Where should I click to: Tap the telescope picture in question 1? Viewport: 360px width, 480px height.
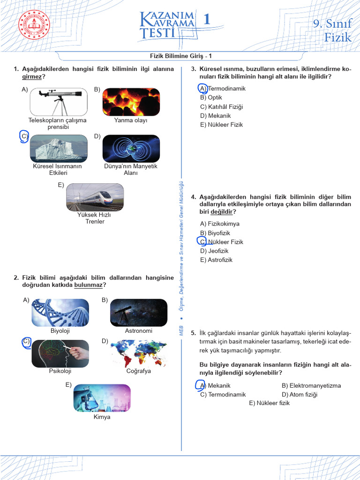59,102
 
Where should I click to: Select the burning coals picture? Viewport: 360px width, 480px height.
131,102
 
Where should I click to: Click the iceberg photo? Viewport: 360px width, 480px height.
59,149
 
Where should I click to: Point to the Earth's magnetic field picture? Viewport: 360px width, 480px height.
131,149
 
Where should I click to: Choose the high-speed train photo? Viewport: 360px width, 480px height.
95,197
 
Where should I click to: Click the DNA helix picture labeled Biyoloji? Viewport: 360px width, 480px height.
60,313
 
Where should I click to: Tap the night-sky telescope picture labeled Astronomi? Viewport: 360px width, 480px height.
138,313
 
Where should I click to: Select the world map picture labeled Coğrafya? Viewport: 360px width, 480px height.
138,353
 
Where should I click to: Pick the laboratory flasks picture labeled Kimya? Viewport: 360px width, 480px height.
102,398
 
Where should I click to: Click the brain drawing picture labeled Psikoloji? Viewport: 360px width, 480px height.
60,353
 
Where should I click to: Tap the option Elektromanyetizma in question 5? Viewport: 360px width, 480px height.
311,386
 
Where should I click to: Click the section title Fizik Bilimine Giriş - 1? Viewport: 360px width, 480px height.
180,56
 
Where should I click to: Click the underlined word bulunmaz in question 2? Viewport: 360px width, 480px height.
88,285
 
